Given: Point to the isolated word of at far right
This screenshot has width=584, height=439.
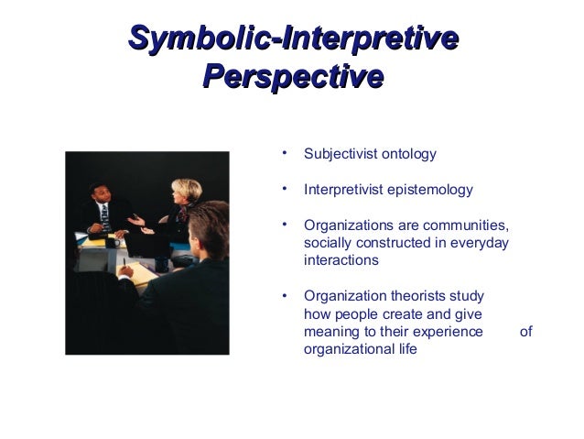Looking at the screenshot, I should pyautogui.click(x=525, y=331).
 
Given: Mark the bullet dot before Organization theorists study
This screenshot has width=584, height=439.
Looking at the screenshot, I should pyautogui.click(x=286, y=294).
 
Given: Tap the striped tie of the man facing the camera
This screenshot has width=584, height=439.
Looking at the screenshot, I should pyautogui.click(x=105, y=216).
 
